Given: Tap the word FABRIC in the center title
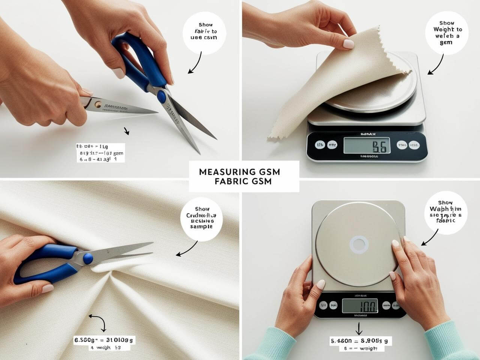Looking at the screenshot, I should coord(229,181).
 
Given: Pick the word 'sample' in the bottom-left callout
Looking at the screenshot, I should coord(201,226).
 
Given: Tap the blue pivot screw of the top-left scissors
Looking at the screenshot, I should coord(161,96).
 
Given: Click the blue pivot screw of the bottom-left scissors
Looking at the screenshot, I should coord(87,258).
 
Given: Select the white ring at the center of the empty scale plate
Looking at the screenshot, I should coord(359,245).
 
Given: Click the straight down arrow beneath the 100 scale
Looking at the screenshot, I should coord(359,329).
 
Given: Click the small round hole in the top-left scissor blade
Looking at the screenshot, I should coord(98,105).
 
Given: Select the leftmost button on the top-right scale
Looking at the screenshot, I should coord(320,145).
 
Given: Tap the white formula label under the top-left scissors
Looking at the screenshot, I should coord(100,153).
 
